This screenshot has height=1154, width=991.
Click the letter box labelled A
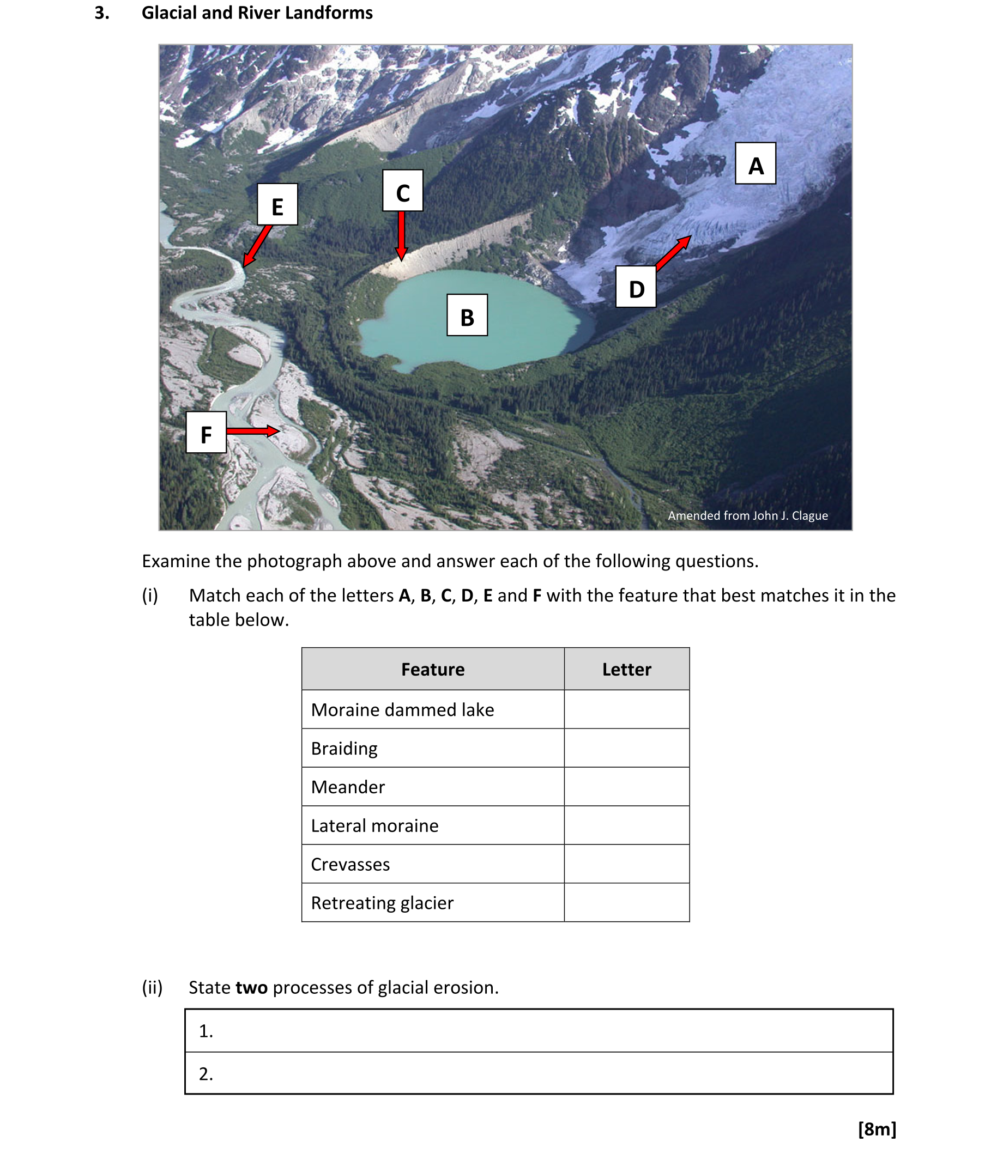click(755, 163)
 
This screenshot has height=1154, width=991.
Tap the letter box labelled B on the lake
click(467, 315)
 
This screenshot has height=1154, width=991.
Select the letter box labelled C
click(402, 191)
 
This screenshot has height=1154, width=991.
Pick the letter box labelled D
click(636, 287)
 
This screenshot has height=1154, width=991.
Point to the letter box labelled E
click(277, 204)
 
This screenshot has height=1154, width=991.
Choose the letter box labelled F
click(206, 432)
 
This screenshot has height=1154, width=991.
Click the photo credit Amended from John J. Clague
click(747, 516)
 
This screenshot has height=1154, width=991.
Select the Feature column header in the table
click(432, 669)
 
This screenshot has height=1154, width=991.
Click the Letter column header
click(626, 669)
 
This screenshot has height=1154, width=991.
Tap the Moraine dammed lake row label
click(402, 709)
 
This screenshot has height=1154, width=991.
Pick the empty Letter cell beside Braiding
click(626, 748)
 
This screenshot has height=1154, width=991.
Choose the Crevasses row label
click(351, 864)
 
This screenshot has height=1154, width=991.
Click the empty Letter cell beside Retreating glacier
click(626, 902)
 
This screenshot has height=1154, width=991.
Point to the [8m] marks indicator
click(877, 1129)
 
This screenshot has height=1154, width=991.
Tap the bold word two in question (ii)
click(251, 987)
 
